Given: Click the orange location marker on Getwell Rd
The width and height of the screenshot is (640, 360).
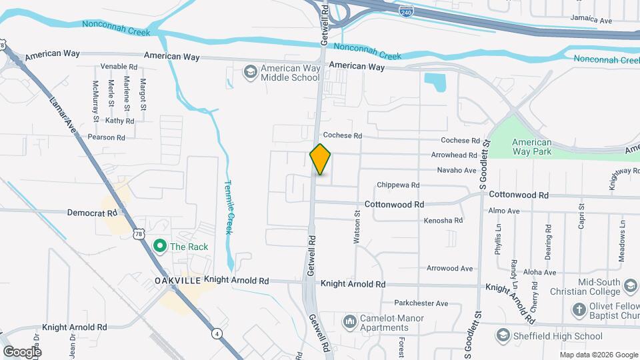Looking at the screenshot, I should point(321,159).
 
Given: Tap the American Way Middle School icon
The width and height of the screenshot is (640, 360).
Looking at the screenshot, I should point(250,72).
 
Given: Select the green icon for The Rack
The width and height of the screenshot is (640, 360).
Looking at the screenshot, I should point(160,247).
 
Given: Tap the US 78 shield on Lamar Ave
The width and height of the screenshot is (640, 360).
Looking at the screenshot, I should point(138,233).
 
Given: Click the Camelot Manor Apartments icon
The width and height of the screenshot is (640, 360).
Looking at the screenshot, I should point(350,323).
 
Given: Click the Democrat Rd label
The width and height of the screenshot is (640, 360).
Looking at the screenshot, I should point(92,213).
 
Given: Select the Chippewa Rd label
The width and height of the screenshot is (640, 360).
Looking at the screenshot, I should point(398,185).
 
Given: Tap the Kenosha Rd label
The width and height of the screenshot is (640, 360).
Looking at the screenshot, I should point(443,220).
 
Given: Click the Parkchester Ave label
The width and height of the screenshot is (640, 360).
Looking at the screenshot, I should point(421,303).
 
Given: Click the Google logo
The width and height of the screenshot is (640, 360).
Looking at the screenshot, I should point(21,351).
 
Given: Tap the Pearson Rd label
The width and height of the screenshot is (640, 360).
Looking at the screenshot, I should point(107,137).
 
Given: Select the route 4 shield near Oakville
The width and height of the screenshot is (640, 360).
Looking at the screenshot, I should point(217,333).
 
